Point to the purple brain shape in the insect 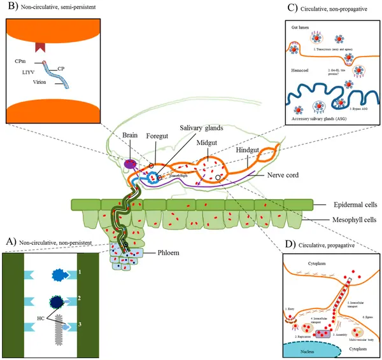tap(131, 165)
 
